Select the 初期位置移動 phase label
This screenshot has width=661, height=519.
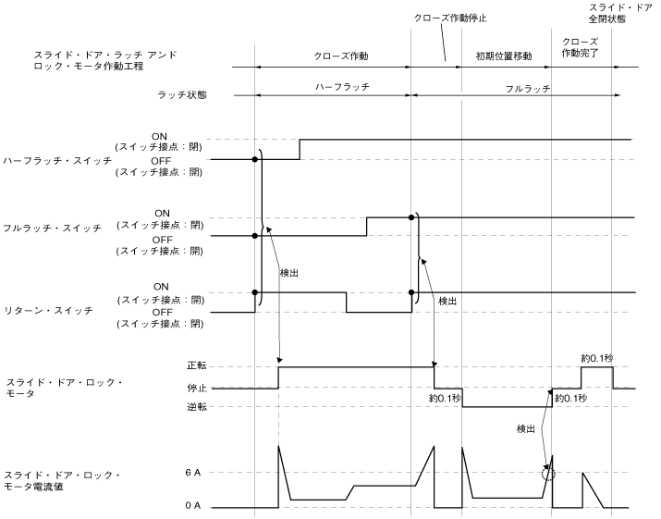503,56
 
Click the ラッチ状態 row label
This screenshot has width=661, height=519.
182,94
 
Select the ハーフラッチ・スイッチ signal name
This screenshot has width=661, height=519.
57,160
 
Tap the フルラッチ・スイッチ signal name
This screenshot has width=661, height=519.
52,228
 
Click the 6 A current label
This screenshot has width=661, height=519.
205,473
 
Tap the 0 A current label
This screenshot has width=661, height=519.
205,507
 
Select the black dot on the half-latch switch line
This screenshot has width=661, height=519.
255,160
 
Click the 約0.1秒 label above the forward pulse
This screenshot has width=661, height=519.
598,358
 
